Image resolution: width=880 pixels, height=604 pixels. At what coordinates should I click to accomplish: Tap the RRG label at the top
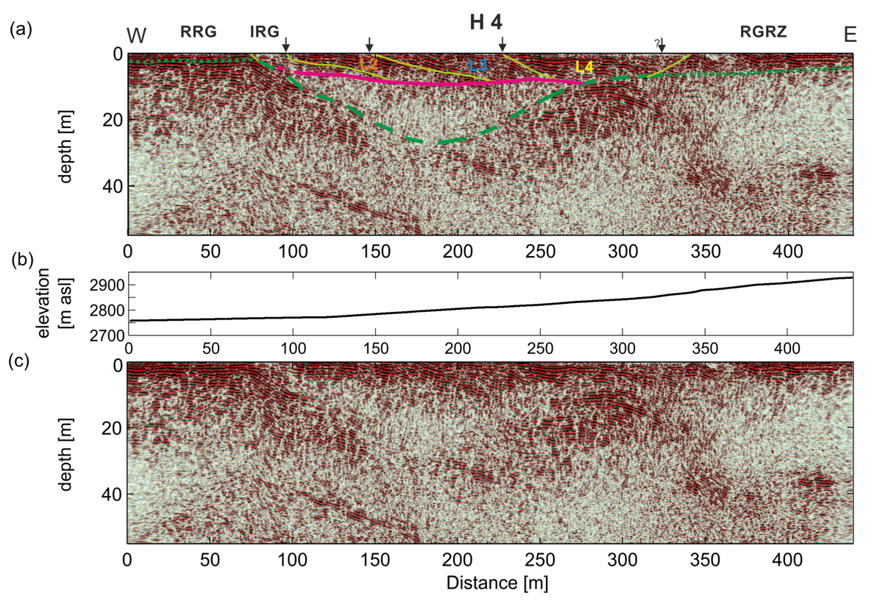coord(199,32)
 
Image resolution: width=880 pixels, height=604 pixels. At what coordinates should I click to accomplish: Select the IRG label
coord(265,32)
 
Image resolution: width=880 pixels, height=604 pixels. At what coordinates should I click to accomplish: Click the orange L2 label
coord(368,65)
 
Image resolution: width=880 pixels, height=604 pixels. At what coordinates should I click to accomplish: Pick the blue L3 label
coord(479,66)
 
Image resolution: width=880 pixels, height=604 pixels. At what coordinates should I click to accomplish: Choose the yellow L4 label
coord(584,67)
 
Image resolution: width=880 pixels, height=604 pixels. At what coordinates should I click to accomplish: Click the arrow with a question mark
coord(661,46)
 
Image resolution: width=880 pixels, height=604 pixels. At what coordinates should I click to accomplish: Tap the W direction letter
coord(136,35)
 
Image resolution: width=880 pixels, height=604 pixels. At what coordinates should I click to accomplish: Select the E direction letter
coord(851,35)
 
